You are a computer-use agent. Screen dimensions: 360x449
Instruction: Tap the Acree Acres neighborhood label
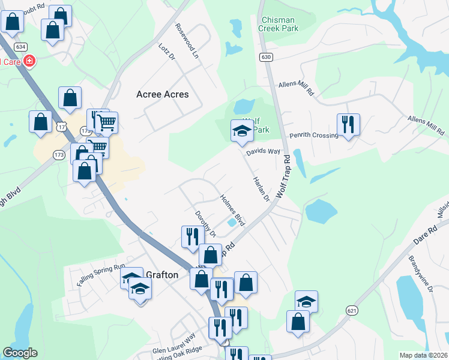[x=162, y=94]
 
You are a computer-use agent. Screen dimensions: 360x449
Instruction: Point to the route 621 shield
[x=352, y=310]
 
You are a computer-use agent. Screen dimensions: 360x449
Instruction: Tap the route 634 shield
[x=21, y=46]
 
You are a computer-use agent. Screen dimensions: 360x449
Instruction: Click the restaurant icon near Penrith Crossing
[x=348, y=124]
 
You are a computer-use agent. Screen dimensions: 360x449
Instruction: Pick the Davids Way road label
[x=263, y=152]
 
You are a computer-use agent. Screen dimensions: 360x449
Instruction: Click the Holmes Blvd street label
[x=232, y=211]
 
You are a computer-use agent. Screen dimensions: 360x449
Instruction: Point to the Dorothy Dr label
[x=205, y=223]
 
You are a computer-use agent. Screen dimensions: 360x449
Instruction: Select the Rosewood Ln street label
[x=187, y=40]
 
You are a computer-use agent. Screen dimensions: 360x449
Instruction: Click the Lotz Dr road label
[x=167, y=51]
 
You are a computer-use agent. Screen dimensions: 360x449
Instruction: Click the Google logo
[x=20, y=353]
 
